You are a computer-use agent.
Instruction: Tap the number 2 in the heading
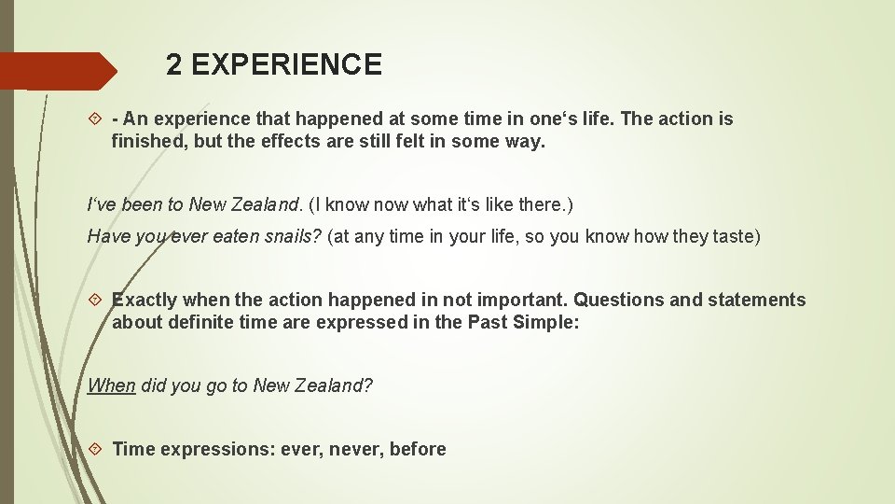(174, 65)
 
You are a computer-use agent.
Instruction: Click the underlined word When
(111, 385)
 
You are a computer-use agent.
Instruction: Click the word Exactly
(145, 301)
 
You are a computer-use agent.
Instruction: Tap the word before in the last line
(418, 449)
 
